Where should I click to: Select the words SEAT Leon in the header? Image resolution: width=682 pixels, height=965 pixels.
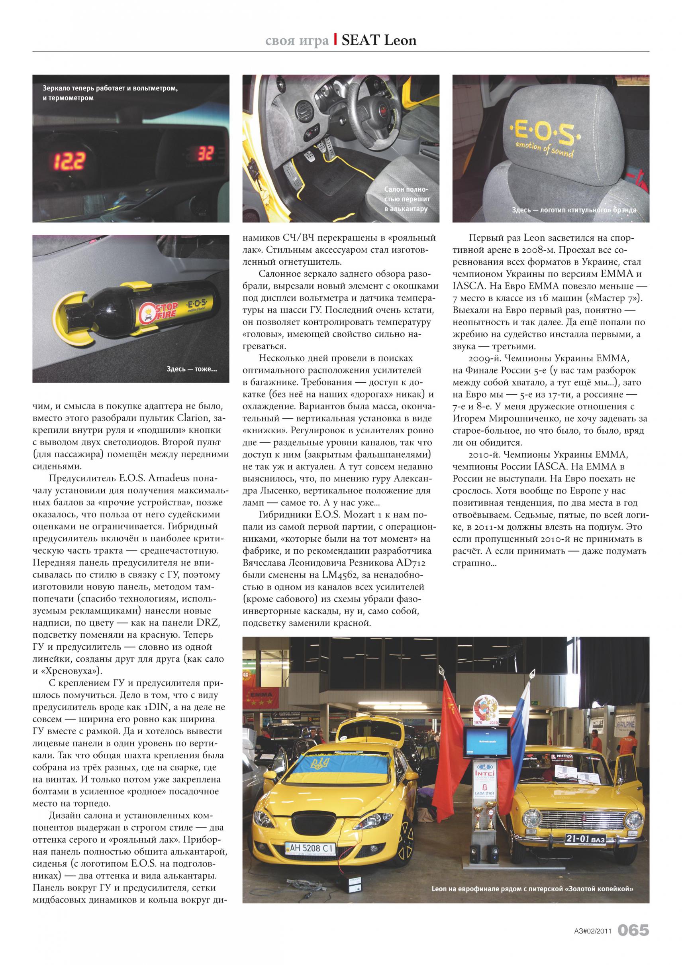point(379,40)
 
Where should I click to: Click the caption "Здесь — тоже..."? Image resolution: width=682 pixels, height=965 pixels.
point(192,369)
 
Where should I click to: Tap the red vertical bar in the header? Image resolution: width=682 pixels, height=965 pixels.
point(335,40)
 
